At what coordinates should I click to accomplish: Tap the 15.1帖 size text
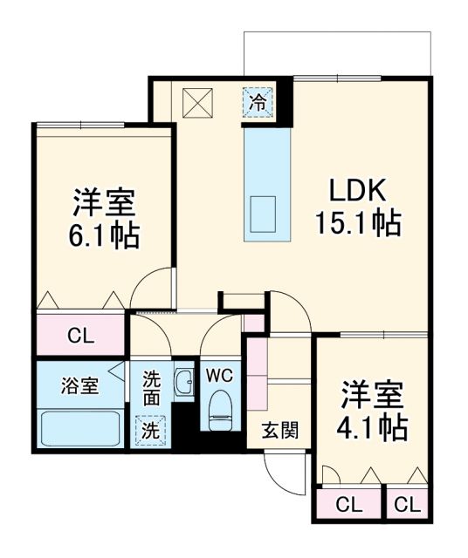357,224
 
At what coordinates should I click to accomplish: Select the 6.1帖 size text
103,236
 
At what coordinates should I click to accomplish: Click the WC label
219,376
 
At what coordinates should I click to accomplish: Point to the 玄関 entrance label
279,429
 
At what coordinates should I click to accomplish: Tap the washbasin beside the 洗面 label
184,383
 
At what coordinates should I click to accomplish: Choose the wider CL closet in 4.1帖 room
348,505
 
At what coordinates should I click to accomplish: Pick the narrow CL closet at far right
407,505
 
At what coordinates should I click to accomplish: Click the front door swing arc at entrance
281,475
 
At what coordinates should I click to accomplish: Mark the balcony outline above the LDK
336,52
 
